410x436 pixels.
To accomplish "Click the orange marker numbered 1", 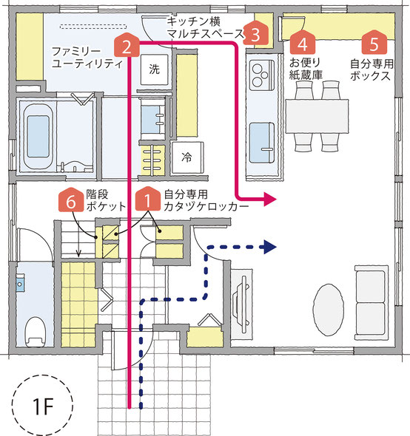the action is click(147, 199).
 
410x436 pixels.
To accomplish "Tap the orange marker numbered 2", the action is click(127, 45).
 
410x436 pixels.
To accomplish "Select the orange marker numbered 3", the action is click(255, 33).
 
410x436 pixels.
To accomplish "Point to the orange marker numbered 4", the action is click(303, 42).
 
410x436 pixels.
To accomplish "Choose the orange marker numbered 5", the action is click(374, 42).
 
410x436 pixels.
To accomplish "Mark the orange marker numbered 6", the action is click(71, 200).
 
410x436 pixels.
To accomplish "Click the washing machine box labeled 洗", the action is click(155, 69).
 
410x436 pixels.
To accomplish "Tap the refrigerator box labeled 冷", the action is click(186, 157).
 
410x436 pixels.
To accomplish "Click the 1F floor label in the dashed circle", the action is click(42, 406).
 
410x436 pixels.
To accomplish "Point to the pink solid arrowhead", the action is click(269, 199).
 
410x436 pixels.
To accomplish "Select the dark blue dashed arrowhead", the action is click(269, 247).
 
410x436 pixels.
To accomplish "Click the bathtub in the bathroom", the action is click(38, 137).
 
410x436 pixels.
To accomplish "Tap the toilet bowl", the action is click(35, 332).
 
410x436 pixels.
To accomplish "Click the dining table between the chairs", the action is click(317, 116).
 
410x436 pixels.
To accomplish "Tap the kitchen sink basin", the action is click(262, 143).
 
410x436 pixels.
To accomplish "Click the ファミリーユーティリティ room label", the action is click(87, 58).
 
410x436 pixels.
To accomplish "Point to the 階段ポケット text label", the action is click(106, 200).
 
